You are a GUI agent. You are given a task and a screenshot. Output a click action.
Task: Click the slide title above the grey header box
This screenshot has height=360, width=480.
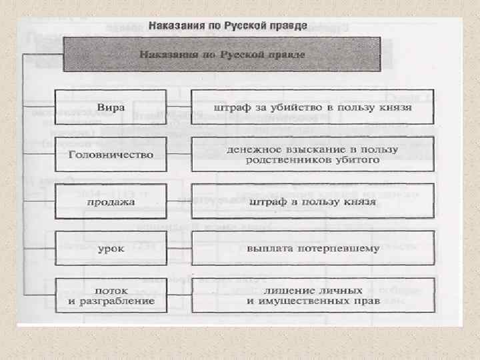coord(227,26)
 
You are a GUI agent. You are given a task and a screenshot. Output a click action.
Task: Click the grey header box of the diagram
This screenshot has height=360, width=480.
coord(222,55)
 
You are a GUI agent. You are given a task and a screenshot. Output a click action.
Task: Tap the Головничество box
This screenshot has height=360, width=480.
coord(111,155)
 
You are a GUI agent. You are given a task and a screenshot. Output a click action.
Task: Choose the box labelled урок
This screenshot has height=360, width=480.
coord(111,248)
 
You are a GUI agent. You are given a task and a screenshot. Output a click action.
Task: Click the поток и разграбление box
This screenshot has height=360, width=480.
coord(111,295)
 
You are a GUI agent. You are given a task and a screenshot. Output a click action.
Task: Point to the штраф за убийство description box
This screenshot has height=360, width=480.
coord(313,107)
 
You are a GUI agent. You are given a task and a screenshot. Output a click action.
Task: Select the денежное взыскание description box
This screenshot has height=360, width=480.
coord(313,155)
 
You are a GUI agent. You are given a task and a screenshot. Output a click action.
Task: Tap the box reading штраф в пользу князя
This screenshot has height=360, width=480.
coord(313,202)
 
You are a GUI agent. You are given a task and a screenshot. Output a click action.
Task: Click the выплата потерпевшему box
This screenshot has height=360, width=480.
coord(313,248)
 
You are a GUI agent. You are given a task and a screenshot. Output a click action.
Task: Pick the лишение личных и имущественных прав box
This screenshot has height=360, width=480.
coord(313,295)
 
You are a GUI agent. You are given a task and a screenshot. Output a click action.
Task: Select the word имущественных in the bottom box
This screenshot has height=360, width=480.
coord(313,301)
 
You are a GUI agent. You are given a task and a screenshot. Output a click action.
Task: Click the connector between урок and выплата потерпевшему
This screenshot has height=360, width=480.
coord(179,248)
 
